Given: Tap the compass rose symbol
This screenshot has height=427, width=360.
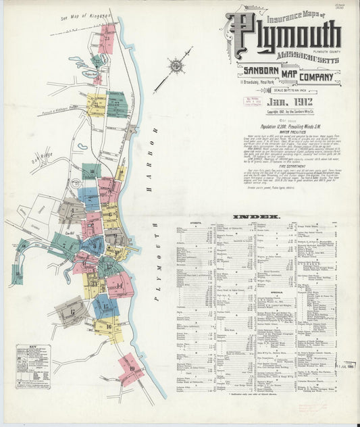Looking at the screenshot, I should pyautogui.click(x=176, y=66).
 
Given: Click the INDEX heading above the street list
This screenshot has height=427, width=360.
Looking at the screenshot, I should pyautogui.click(x=257, y=217).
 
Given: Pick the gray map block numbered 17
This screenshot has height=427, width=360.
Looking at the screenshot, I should pyautogui.click(x=72, y=310).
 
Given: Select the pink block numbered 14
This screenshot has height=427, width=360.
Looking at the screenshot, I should pyautogui.click(x=120, y=285).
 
